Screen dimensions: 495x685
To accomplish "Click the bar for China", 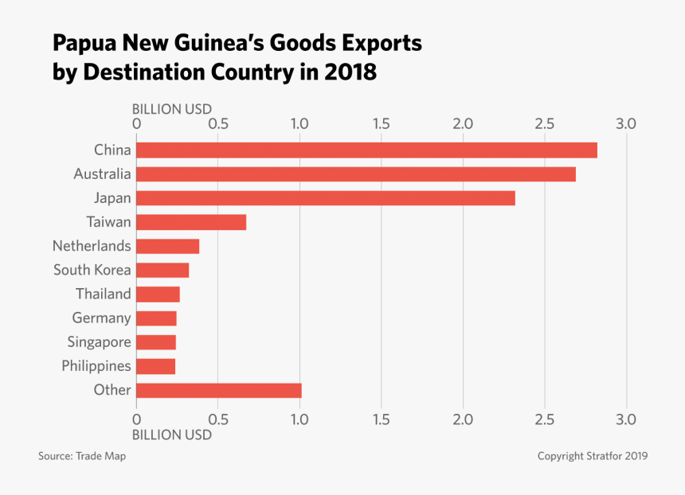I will coord(366,150).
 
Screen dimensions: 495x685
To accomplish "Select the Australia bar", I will coord(356,173).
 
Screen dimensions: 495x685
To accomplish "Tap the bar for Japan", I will coord(326,198).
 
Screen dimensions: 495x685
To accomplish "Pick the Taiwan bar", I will coord(191,222).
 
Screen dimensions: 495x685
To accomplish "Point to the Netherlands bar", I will coord(167,246).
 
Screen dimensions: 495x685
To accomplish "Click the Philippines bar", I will coord(155,366).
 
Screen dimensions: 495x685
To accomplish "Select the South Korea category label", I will coord(92,270).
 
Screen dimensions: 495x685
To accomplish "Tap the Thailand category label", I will coord(104,294).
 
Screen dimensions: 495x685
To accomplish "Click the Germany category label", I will coord(101,318).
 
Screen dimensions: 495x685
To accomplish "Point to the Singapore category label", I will coord(100,342).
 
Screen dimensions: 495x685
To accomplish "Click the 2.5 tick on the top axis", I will coord(544,124).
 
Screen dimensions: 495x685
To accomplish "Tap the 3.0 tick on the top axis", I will coord(626,124).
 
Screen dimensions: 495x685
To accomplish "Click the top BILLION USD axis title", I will coord(172,109).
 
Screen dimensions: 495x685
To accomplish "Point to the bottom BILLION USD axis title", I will coord(172,435).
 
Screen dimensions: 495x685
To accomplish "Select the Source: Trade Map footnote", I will coord(82,456).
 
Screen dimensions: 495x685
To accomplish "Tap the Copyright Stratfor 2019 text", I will coord(592,456).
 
